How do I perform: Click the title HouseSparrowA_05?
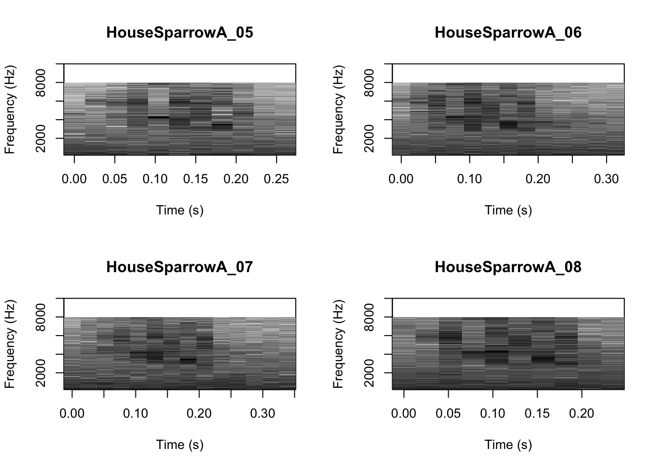pyautogui.click(x=179, y=33)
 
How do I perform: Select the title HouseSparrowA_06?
pyautogui.click(x=508, y=33)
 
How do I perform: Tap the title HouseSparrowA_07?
pyautogui.click(x=179, y=267)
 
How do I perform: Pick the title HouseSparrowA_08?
pyautogui.click(x=508, y=267)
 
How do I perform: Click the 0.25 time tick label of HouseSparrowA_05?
pyautogui.click(x=277, y=179)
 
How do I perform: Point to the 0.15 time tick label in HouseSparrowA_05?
pyautogui.click(x=196, y=179)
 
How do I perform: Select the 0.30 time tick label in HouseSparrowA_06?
pyautogui.click(x=606, y=179)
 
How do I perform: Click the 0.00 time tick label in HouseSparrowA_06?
pyautogui.click(x=401, y=179)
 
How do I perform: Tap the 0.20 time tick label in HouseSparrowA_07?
pyautogui.click(x=199, y=414)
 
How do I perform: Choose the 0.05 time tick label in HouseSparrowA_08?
pyautogui.click(x=448, y=414)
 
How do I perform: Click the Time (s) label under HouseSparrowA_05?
pyautogui.click(x=179, y=210)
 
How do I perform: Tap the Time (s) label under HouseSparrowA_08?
pyautogui.click(x=508, y=445)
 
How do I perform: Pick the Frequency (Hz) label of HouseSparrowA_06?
pyautogui.click(x=338, y=109)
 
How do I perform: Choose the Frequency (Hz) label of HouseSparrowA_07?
pyautogui.click(x=10, y=344)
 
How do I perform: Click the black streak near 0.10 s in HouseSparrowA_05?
pyautogui.click(x=158, y=117)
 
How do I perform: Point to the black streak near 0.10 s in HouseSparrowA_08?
pyautogui.click(x=496, y=351)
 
